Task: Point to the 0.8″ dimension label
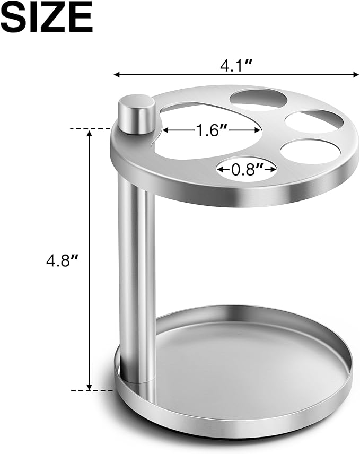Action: (247, 169)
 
